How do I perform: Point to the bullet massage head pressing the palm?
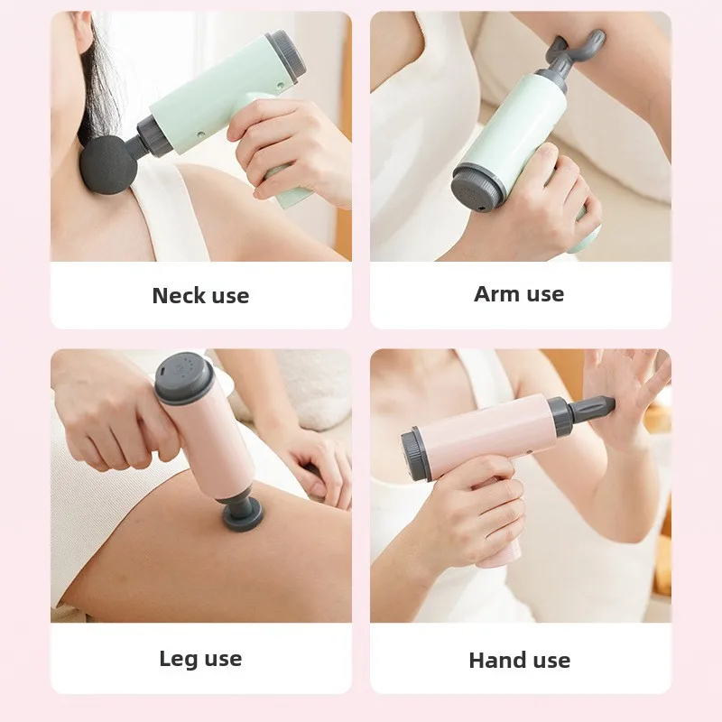[x=596, y=410]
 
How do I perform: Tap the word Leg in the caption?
[x=178, y=658]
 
